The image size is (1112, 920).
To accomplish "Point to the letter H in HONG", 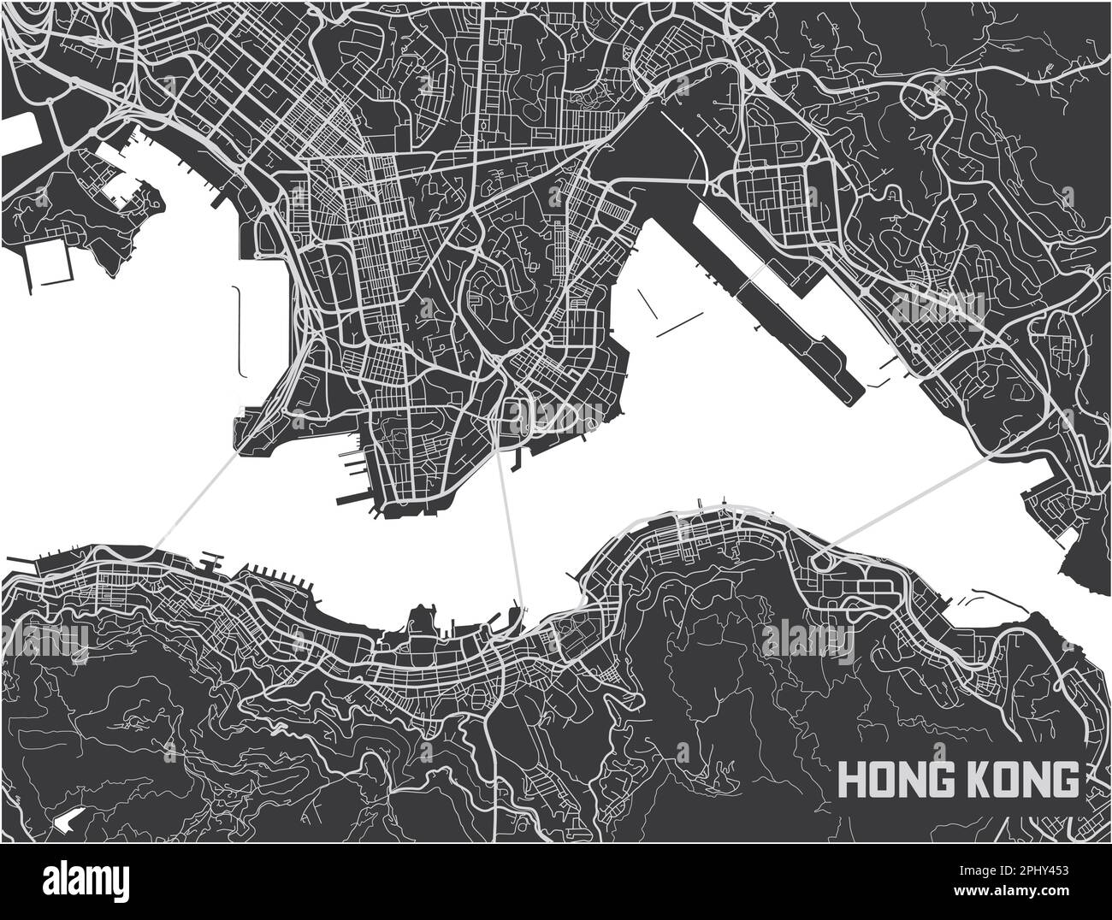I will [851, 779].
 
